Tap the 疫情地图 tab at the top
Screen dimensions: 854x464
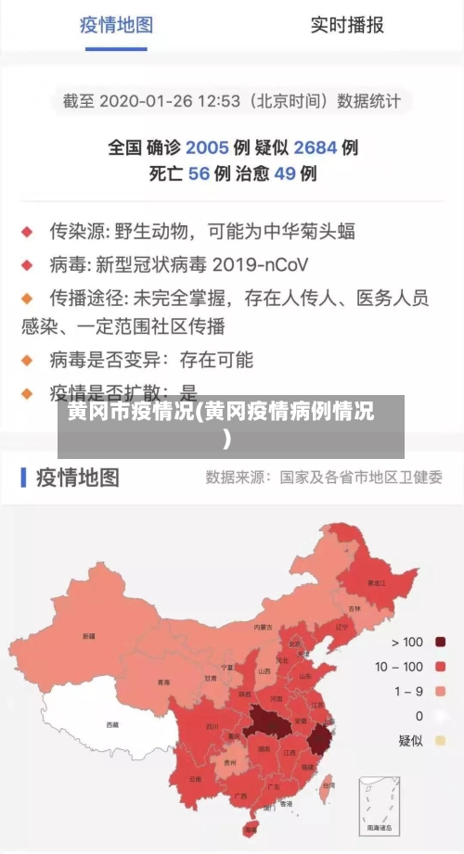(x=115, y=25)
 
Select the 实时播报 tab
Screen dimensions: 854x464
(x=346, y=25)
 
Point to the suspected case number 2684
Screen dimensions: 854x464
(x=316, y=147)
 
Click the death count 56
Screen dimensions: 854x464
(x=199, y=173)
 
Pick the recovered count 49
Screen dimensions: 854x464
(x=284, y=173)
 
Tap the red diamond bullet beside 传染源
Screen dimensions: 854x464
(x=28, y=231)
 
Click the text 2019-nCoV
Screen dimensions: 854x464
(x=261, y=264)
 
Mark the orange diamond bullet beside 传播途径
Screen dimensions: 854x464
(x=28, y=298)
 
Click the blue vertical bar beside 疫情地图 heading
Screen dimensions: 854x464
(x=23, y=478)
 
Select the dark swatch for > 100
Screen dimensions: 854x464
(x=440, y=642)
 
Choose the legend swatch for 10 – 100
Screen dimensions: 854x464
(x=440, y=667)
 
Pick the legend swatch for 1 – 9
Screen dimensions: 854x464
(x=440, y=692)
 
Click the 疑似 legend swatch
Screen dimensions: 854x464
(x=440, y=741)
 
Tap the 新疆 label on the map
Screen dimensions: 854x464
(x=89, y=636)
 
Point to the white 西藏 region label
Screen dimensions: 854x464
(x=112, y=724)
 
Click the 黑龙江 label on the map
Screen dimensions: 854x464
(x=376, y=583)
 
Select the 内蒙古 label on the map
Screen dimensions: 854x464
(x=264, y=628)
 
